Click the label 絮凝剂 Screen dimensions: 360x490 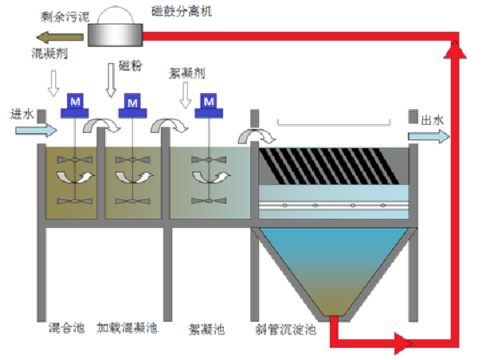(x=188, y=73)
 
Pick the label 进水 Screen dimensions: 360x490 (x=22, y=114)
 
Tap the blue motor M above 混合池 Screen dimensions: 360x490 (x=76, y=103)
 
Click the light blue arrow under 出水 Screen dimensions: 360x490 (x=429, y=136)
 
